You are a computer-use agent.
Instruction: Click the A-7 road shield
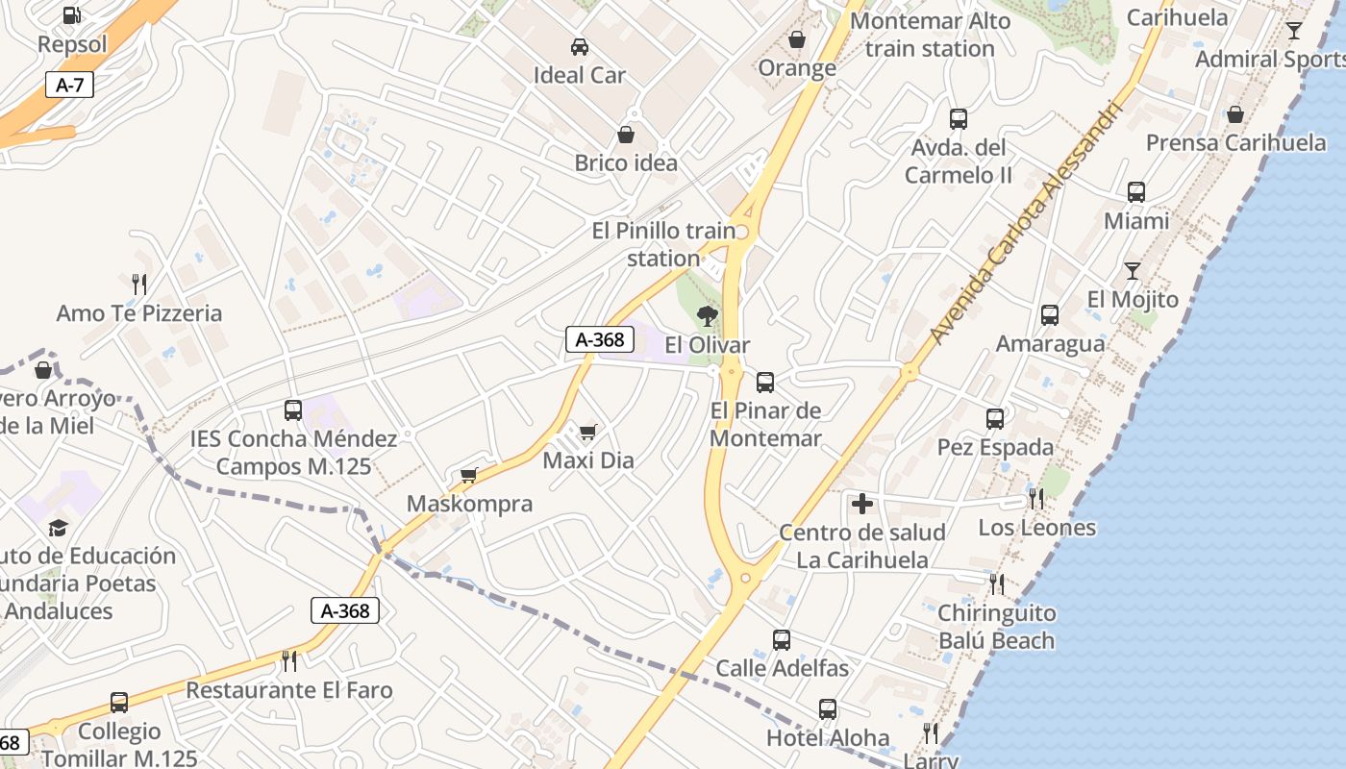pos(69,85)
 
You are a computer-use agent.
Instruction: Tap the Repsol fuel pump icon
pos(72,15)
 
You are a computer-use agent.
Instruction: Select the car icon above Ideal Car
pos(579,46)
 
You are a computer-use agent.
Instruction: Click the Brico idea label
pos(626,162)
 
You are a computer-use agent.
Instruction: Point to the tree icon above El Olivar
pos(708,315)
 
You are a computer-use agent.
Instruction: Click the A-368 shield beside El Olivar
pos(599,338)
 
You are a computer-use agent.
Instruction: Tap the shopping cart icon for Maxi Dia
pos(588,432)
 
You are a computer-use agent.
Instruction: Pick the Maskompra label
pos(469,504)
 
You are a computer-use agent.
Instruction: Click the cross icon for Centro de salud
pos(862,503)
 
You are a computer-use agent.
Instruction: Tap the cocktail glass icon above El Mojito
pos(1133,270)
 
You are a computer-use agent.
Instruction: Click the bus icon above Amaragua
pos(1050,314)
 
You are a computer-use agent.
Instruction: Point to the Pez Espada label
pos(995,447)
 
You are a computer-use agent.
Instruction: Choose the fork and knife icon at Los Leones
pos(1036,498)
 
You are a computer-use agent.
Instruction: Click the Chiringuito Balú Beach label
pos(996,627)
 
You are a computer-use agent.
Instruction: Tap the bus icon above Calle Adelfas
pos(782,639)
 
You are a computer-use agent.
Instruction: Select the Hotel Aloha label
pos(828,738)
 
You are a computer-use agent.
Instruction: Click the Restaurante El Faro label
pos(289,690)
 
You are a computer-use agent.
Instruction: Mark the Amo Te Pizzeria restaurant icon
pos(139,284)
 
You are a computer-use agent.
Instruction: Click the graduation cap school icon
pos(59,528)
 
